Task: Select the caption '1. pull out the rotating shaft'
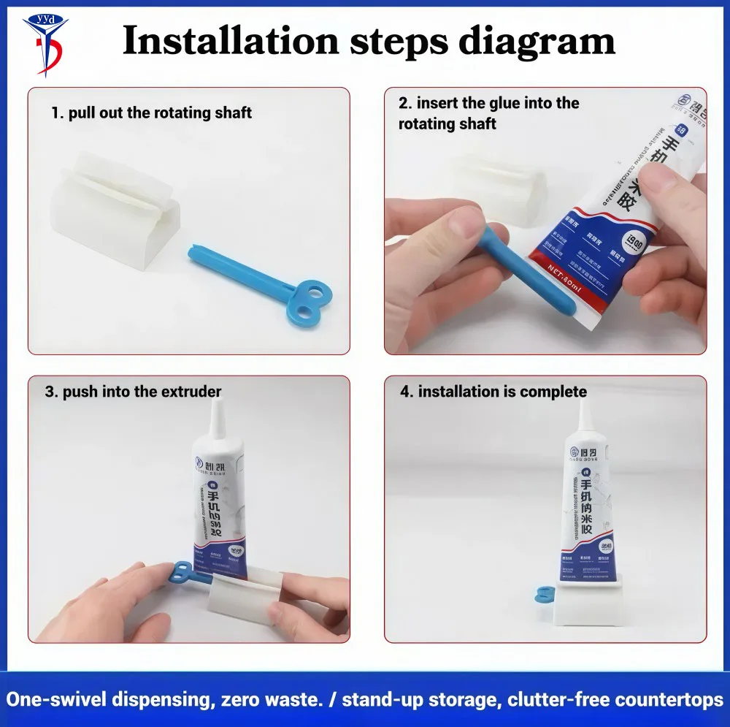point(151,113)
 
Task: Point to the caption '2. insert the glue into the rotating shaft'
point(488,113)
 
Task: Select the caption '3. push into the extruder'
point(133,392)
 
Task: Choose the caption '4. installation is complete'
point(493,392)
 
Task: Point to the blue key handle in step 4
point(545,595)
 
